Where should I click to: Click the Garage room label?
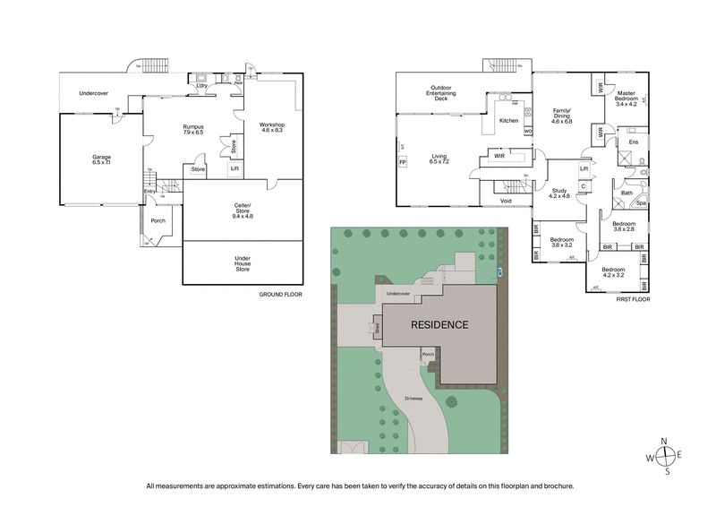pos(101,159)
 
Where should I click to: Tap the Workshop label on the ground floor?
pos(272,127)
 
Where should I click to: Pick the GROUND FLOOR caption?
pos(280,294)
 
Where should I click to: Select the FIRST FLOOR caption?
pos(634,299)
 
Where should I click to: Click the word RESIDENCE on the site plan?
pos(439,324)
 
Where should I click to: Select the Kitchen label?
pos(508,120)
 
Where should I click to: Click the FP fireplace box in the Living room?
pos(402,162)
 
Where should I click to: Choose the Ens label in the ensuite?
pos(633,142)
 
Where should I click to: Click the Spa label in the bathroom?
pos(642,203)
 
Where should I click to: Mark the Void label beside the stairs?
pos(506,202)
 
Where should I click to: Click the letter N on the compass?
pos(663,441)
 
